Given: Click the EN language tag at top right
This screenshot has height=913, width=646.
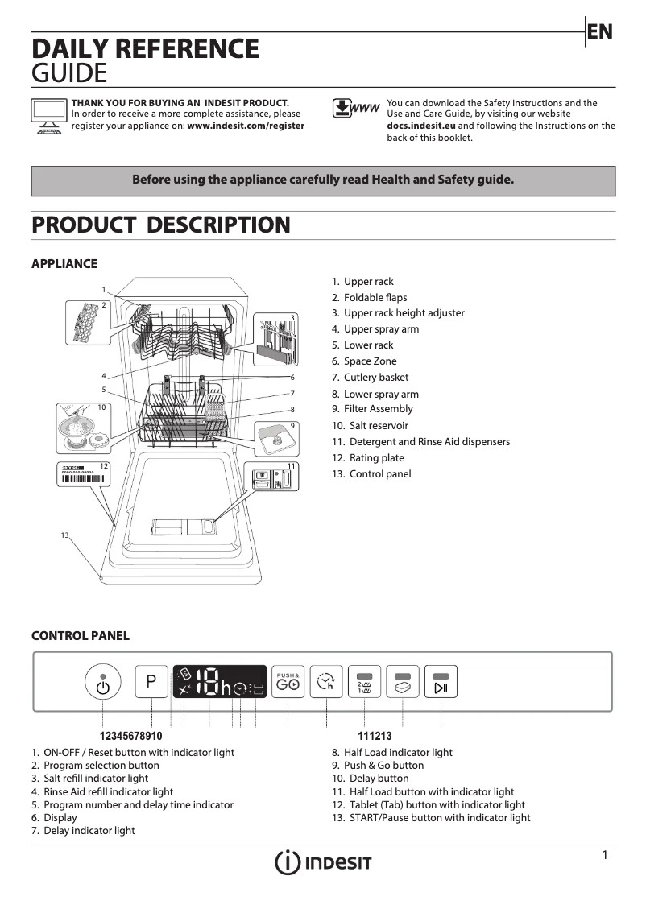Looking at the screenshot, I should [x=600, y=31].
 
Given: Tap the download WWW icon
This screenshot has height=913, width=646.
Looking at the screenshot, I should [x=354, y=109].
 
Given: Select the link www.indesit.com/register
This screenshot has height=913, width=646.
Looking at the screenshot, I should [x=246, y=126].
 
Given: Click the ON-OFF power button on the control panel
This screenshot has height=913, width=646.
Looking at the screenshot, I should [x=102, y=685].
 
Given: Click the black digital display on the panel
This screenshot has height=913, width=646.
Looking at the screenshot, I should [x=219, y=683].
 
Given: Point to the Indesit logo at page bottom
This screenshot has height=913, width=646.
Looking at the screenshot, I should [x=323, y=862].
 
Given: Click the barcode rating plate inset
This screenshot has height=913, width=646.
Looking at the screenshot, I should [x=84, y=475].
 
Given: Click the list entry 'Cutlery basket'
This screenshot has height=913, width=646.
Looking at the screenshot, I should [x=375, y=378].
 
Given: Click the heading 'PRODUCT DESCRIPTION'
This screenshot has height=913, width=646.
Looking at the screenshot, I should [x=160, y=225].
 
